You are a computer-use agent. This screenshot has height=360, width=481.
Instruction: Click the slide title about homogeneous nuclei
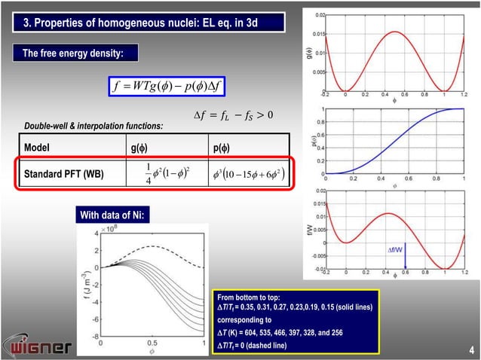click(x=139, y=23)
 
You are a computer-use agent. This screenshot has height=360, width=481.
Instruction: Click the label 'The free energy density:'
click(x=67, y=53)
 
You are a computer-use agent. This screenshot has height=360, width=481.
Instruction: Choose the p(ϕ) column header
click(x=222, y=147)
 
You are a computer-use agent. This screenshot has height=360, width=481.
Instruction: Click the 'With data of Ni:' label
click(x=115, y=217)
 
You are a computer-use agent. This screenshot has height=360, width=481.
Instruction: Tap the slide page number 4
click(x=470, y=349)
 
